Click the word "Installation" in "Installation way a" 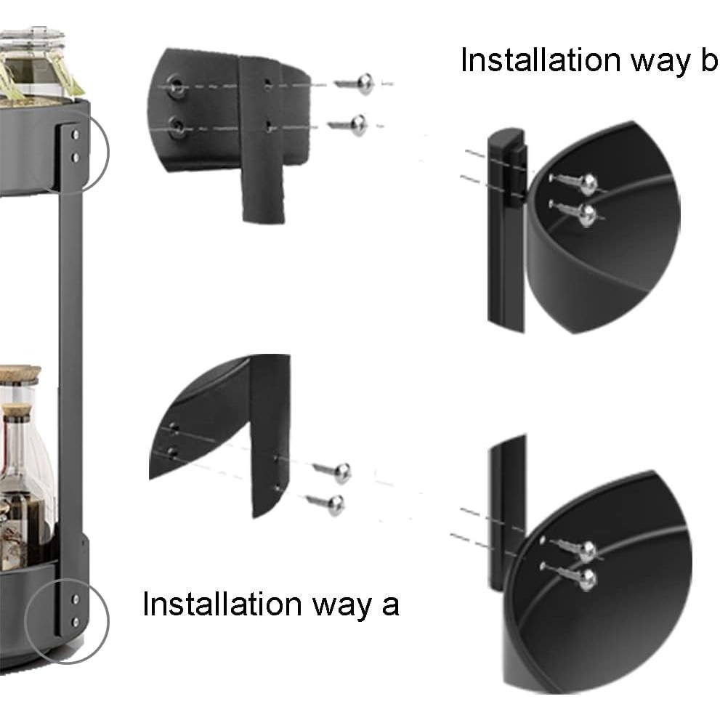tap(222, 604)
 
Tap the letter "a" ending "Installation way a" tap(390, 607)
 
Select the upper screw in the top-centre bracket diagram tap(355, 84)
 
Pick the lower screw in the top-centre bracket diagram tap(347, 126)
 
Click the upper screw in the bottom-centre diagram tap(333, 472)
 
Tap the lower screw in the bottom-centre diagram tap(326, 503)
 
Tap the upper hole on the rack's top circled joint tap(76, 135)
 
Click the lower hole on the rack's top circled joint tap(76, 158)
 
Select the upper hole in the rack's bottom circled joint tap(76, 599)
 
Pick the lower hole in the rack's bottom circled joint tap(76, 622)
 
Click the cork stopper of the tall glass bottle tap(17, 411)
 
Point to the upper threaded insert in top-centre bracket tap(177, 85)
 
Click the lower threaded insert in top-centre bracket tap(177, 126)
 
